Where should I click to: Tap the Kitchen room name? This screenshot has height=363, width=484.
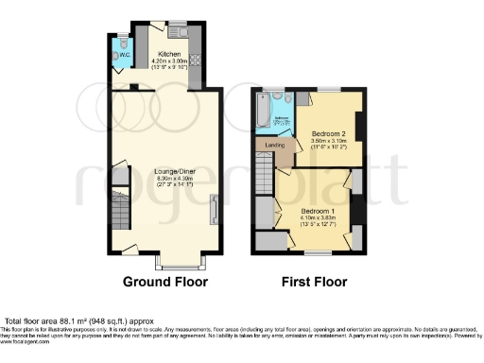[x=169, y=54]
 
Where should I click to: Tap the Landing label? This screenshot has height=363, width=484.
[x=275, y=144]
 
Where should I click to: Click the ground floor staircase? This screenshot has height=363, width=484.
[x=119, y=209]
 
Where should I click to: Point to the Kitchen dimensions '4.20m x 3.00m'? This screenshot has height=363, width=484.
[x=170, y=61]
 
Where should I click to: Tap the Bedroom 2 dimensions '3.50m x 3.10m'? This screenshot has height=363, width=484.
[x=330, y=142]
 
